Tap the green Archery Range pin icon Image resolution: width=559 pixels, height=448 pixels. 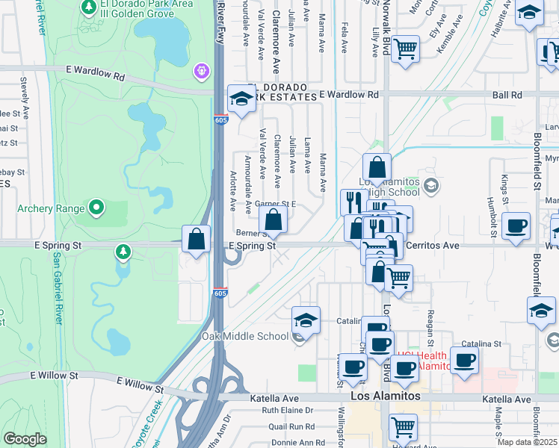click(96, 206)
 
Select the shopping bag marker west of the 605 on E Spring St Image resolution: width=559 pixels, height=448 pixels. click(196, 240)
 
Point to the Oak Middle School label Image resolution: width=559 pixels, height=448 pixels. click(244, 336)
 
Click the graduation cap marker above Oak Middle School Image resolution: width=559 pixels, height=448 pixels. click(306, 320)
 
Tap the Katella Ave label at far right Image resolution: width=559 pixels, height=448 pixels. click(506, 399)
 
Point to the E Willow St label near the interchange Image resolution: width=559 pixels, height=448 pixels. click(140, 385)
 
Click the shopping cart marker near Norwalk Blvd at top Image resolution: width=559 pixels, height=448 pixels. click(405, 49)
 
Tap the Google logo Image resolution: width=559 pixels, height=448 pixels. click(25, 438)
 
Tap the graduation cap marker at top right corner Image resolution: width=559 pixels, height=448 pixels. click(530, 12)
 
